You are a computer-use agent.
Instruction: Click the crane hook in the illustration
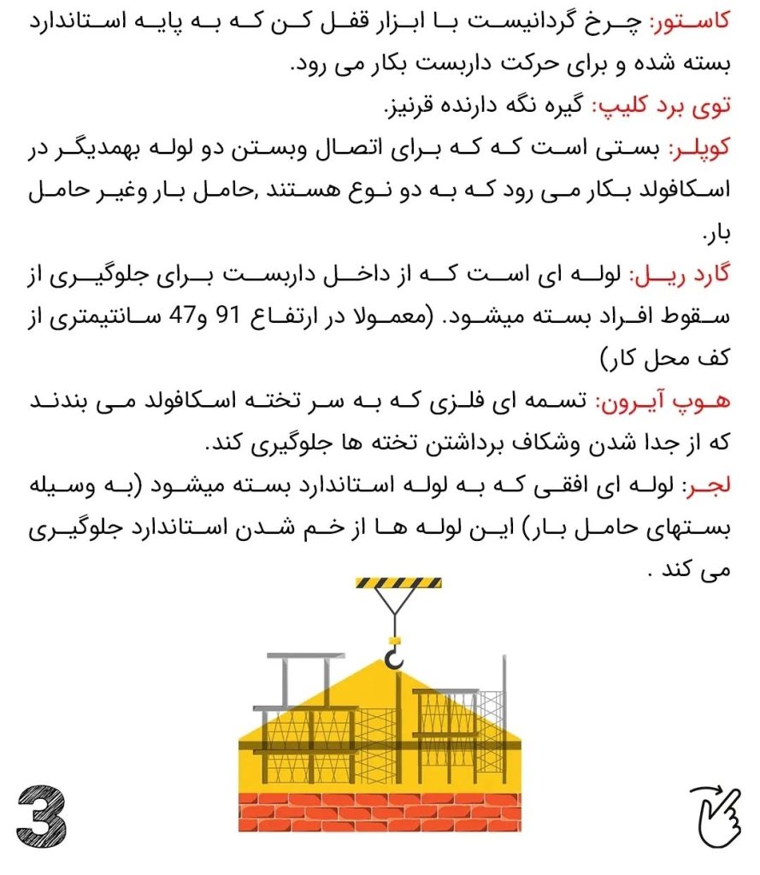click(395, 657)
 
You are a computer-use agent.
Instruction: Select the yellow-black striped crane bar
click(398, 584)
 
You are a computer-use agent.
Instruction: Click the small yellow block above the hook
click(394, 639)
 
